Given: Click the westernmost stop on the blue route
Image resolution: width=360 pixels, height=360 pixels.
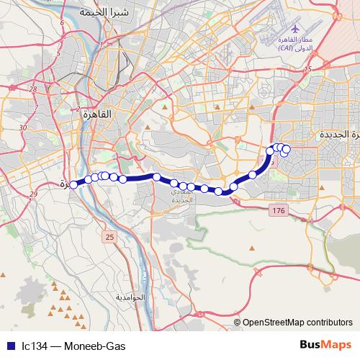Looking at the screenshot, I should [73, 185].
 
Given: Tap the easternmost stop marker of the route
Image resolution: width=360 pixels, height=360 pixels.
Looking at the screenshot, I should [286, 150].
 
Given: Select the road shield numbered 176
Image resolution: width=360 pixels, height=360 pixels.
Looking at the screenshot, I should [278, 210].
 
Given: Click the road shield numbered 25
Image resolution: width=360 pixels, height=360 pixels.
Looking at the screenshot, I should [109, 236].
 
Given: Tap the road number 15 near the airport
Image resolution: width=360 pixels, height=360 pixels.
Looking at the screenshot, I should [307, 69].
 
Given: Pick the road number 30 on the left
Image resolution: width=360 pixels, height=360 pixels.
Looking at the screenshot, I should [24, 127].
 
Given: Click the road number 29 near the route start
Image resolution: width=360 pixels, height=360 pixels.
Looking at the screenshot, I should [33, 195].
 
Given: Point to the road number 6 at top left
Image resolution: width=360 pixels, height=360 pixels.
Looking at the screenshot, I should [63, 22].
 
